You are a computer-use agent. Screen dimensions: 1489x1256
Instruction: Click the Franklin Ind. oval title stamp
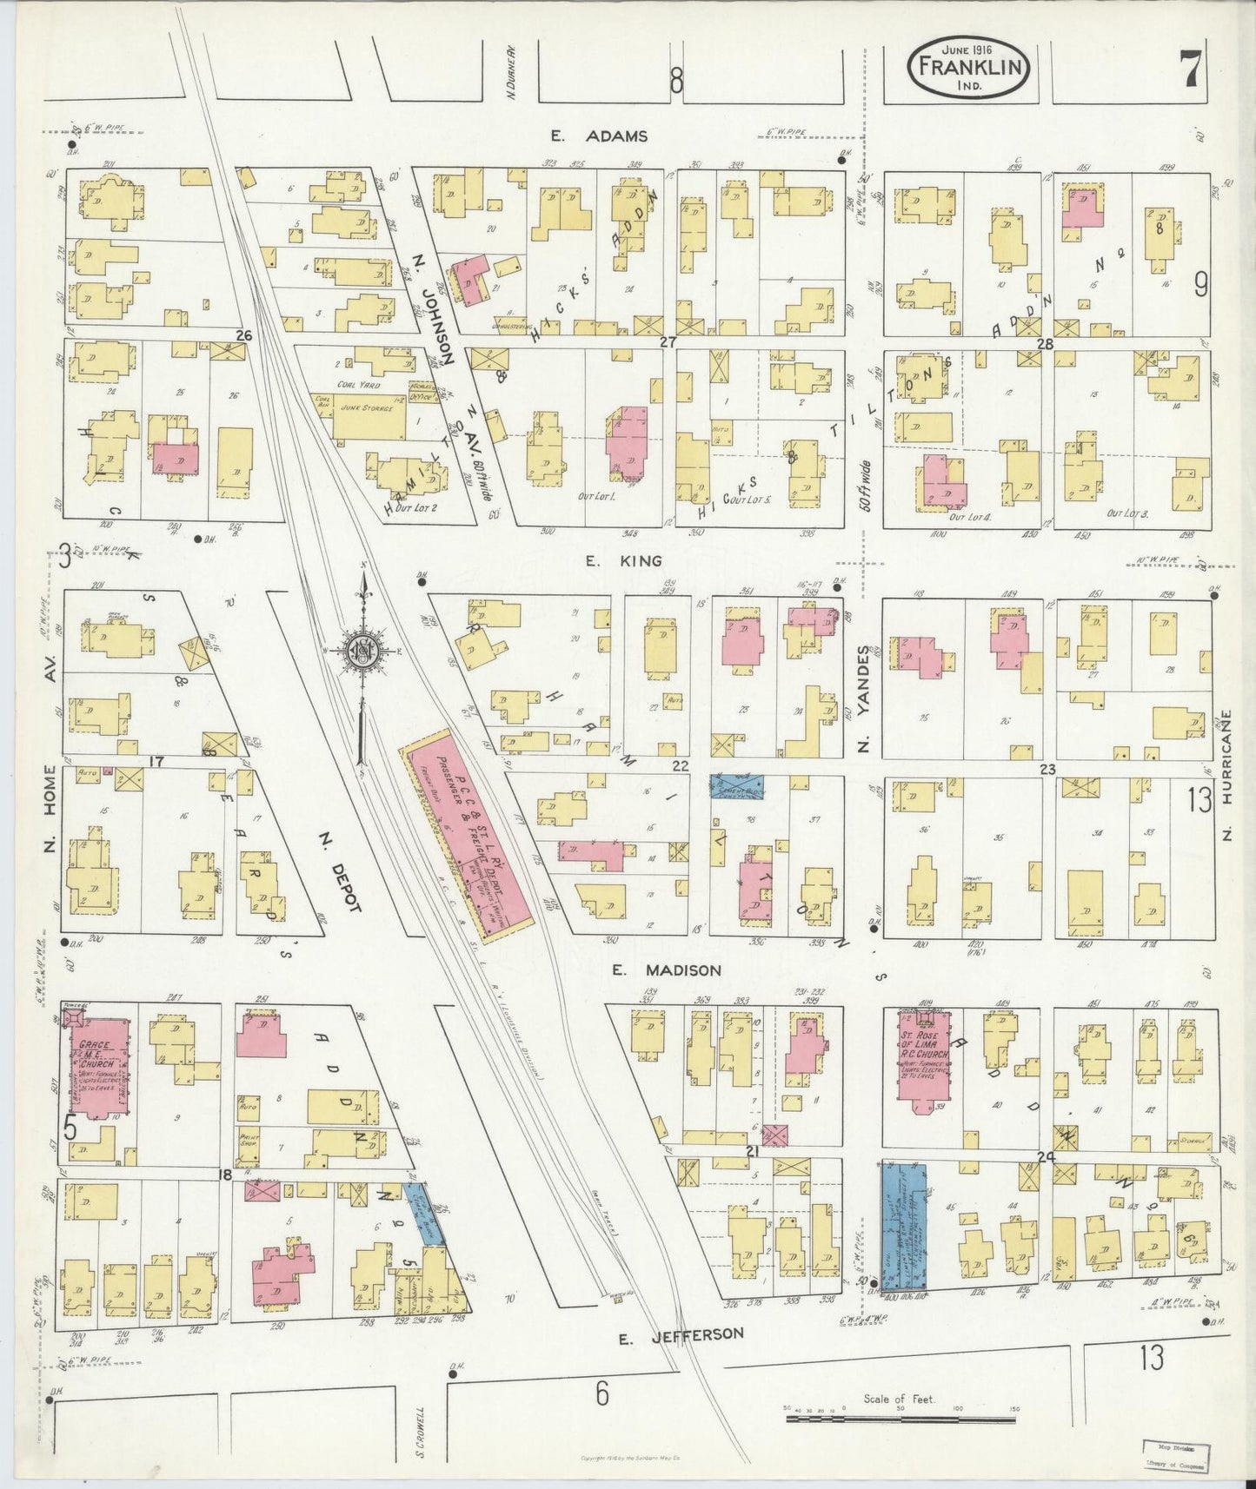[971, 70]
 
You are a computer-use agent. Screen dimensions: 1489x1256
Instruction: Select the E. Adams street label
[599, 136]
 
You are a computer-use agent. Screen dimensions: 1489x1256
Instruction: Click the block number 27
[667, 342]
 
